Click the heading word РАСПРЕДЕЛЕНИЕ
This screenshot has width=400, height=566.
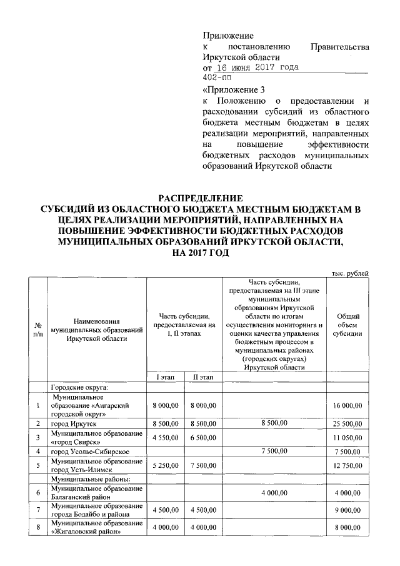click(200, 198)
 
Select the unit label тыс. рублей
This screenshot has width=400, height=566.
click(349, 273)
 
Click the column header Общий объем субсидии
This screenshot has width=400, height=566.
click(347, 325)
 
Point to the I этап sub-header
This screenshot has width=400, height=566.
click(165, 376)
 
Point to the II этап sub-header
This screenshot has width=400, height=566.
click(202, 376)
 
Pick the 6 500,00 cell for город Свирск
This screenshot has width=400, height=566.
click(202, 437)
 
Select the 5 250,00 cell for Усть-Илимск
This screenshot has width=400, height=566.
click(165, 465)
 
